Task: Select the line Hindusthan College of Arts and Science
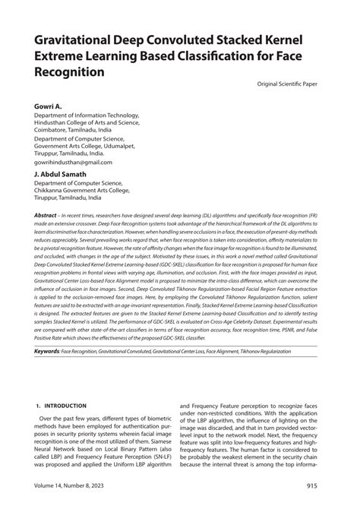point(89,122)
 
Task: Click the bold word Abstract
point(46,217)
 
